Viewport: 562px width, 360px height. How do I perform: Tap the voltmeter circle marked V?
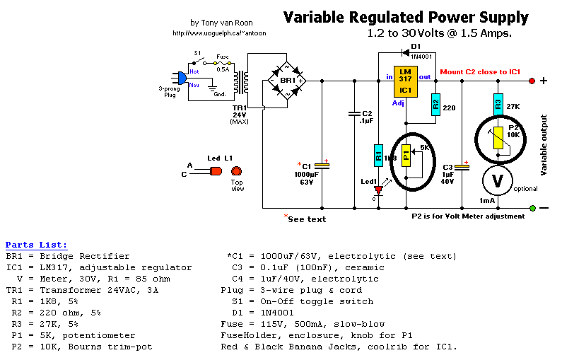(498, 180)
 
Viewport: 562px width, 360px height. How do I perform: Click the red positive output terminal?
(532, 81)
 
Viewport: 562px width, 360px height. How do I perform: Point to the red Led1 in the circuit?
(378, 190)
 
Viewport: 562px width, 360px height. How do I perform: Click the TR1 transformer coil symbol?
(245, 83)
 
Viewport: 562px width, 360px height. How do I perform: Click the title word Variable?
(315, 17)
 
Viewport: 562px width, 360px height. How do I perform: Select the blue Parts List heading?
(36, 244)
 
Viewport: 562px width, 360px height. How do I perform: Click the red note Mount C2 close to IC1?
(480, 72)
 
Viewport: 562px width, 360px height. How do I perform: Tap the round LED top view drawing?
(236, 171)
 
